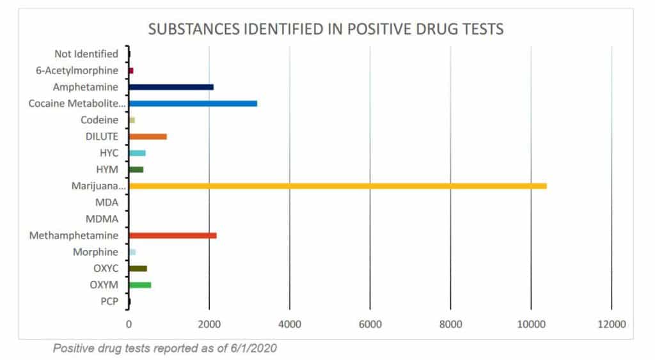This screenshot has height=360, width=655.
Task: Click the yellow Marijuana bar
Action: pyautogui.click(x=338, y=186)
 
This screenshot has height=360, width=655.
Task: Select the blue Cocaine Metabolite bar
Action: pyautogui.click(x=193, y=103)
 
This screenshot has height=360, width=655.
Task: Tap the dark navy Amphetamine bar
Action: pyautogui.click(x=171, y=87)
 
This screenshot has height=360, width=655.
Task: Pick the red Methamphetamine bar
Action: pyautogui.click(x=173, y=235)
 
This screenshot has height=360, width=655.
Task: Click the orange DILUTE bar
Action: pyautogui.click(x=148, y=136)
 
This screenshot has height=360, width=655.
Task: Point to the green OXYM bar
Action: pyautogui.click(x=140, y=285)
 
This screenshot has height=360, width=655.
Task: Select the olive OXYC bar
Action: pyautogui.click(x=138, y=269)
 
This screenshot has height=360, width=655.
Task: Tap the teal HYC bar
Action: pyautogui.click(x=138, y=153)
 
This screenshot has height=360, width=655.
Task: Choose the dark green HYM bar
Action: pyautogui.click(x=136, y=169)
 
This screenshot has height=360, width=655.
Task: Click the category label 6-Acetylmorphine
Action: pyautogui.click(x=77, y=70)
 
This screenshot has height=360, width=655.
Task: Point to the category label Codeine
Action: pyautogui.click(x=99, y=120)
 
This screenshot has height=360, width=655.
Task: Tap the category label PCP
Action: pyautogui.click(x=109, y=301)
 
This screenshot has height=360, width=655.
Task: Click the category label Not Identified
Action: pyautogui.click(x=86, y=54)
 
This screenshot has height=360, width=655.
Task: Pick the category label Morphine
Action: pyautogui.click(x=95, y=252)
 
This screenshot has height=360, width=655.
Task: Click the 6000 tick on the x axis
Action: pyautogui.click(x=370, y=324)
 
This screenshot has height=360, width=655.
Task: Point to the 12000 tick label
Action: pyautogui.click(x=611, y=324)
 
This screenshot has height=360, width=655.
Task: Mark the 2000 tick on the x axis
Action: pyautogui.click(x=209, y=324)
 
